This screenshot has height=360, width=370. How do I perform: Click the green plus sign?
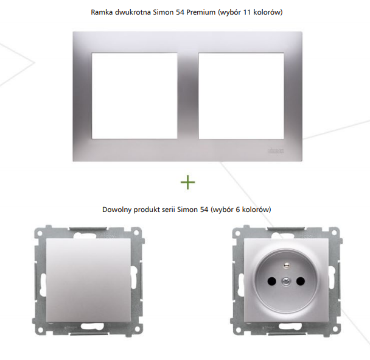pos(188,182)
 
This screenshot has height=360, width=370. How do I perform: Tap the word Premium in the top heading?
pos(201,12)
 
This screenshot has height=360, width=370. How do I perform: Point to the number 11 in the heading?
pos(246,12)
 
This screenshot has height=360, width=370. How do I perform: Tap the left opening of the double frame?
pos(134,96)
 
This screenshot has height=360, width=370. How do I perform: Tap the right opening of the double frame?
pos(241,96)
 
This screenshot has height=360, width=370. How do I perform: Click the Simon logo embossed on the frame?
pos(276,150)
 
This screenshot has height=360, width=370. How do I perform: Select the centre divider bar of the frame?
pos(188,96)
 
